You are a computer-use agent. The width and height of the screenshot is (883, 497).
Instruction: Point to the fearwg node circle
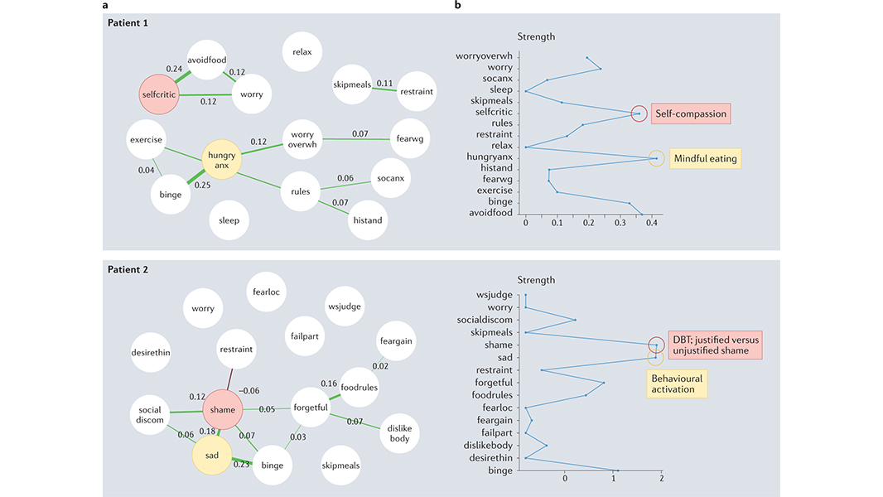coord(410,138)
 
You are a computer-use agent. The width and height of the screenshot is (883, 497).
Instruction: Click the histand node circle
coord(367,220)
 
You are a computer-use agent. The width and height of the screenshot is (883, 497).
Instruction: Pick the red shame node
coord(222,409)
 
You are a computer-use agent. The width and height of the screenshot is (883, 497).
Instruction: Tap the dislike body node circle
coord(399,432)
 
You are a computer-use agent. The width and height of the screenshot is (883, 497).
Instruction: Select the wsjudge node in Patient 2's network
coord(345,306)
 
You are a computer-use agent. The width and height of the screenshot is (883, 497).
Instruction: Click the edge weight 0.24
coord(174,69)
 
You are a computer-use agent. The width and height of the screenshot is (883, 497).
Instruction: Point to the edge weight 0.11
coord(384,84)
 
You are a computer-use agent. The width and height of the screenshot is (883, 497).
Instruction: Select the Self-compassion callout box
coord(689,113)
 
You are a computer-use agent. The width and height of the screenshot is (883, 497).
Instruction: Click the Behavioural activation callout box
coord(676,384)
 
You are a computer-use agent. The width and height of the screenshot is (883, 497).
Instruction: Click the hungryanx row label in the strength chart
coord(489,157)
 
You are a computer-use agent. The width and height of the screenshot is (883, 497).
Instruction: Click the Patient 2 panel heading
coord(128,269)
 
